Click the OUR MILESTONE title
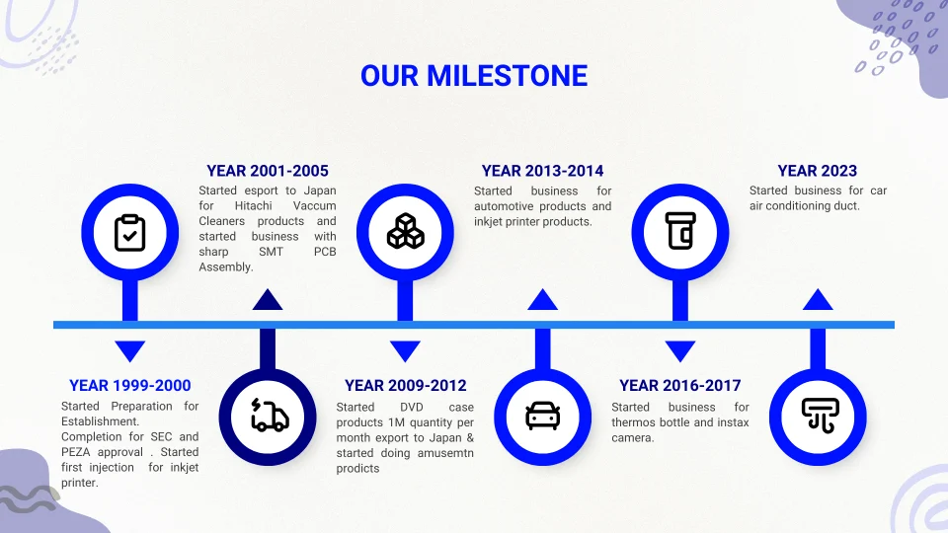pyautogui.click(x=474, y=76)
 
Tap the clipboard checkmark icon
pyautogui.click(x=130, y=233)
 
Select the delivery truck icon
pyautogui.click(x=269, y=416)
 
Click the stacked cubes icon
pyautogui.click(x=405, y=231)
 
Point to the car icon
pyautogui.click(x=543, y=416)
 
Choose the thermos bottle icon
pyautogui.click(x=680, y=231)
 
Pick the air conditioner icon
pyautogui.click(x=820, y=416)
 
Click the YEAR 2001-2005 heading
pyautogui.click(x=268, y=171)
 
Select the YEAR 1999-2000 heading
pyautogui.click(x=130, y=386)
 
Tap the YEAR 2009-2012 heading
pyautogui.click(x=405, y=386)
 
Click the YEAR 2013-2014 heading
pyautogui.click(x=542, y=171)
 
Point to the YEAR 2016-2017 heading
pyautogui.click(x=680, y=386)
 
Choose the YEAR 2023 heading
pyautogui.click(x=818, y=171)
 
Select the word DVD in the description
pyautogui.click(x=411, y=408)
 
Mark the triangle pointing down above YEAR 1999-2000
pyautogui.click(x=130, y=349)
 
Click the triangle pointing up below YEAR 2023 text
pyautogui.click(x=818, y=300)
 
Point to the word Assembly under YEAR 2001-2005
pyautogui.click(x=226, y=267)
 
